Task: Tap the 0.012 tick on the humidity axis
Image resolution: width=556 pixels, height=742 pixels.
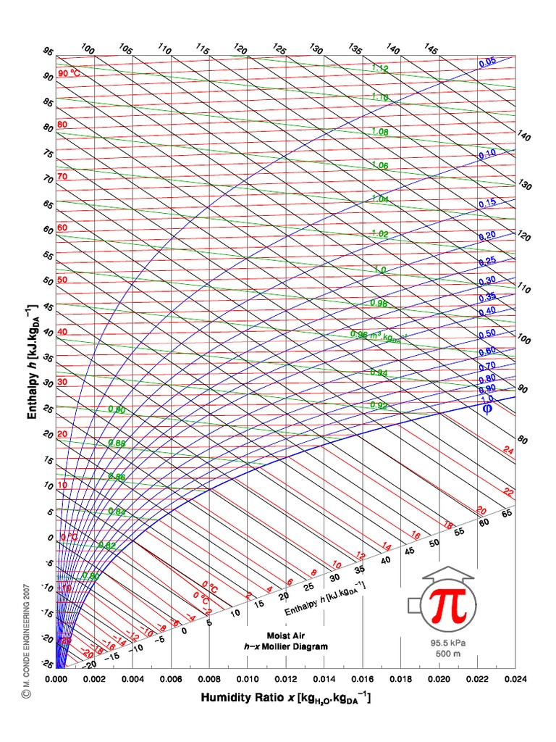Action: pyautogui.click(x=286, y=680)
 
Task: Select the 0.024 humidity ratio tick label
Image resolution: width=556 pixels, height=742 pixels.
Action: pyautogui.click(x=515, y=680)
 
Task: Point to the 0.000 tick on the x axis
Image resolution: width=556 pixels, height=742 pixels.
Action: pyautogui.click(x=56, y=680)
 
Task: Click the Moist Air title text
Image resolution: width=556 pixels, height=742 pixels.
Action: pyautogui.click(x=285, y=635)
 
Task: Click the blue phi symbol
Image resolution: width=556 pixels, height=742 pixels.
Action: pyautogui.click(x=487, y=409)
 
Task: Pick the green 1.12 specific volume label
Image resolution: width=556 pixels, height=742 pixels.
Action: pyautogui.click(x=380, y=69)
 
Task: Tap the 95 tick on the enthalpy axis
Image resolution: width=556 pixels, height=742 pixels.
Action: pyautogui.click(x=48, y=51)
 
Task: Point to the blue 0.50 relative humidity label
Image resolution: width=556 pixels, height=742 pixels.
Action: pyautogui.click(x=486, y=333)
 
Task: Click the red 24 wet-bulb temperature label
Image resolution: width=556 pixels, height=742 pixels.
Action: pyautogui.click(x=508, y=451)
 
